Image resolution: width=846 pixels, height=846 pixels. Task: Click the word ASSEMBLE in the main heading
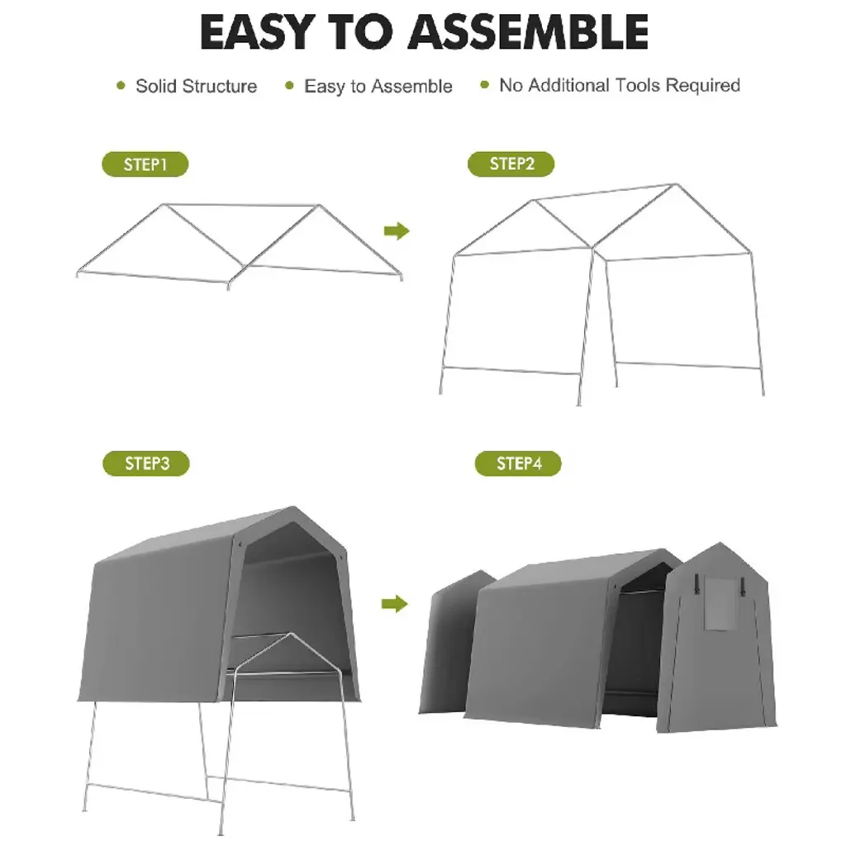[x=528, y=32]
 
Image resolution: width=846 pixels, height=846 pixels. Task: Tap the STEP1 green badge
[x=145, y=164]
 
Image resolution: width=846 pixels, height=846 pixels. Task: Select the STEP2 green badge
[x=511, y=164]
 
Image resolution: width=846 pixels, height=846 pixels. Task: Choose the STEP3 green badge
[x=146, y=463]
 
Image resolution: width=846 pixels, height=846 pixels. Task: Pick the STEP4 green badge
[x=518, y=463]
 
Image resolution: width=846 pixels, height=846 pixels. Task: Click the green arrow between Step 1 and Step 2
[x=397, y=231]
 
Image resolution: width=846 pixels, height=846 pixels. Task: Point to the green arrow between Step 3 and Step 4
[x=394, y=604]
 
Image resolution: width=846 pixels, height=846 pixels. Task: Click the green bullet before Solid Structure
[x=121, y=85]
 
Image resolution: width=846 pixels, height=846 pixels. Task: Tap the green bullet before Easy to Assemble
[x=289, y=85]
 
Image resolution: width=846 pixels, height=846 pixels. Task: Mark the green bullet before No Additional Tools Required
[x=484, y=85]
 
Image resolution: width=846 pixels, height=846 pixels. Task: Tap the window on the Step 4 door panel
[x=720, y=604]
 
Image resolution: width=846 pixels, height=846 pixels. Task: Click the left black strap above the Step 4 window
[x=697, y=584]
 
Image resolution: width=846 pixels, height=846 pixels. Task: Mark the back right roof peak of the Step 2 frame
[x=674, y=184]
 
